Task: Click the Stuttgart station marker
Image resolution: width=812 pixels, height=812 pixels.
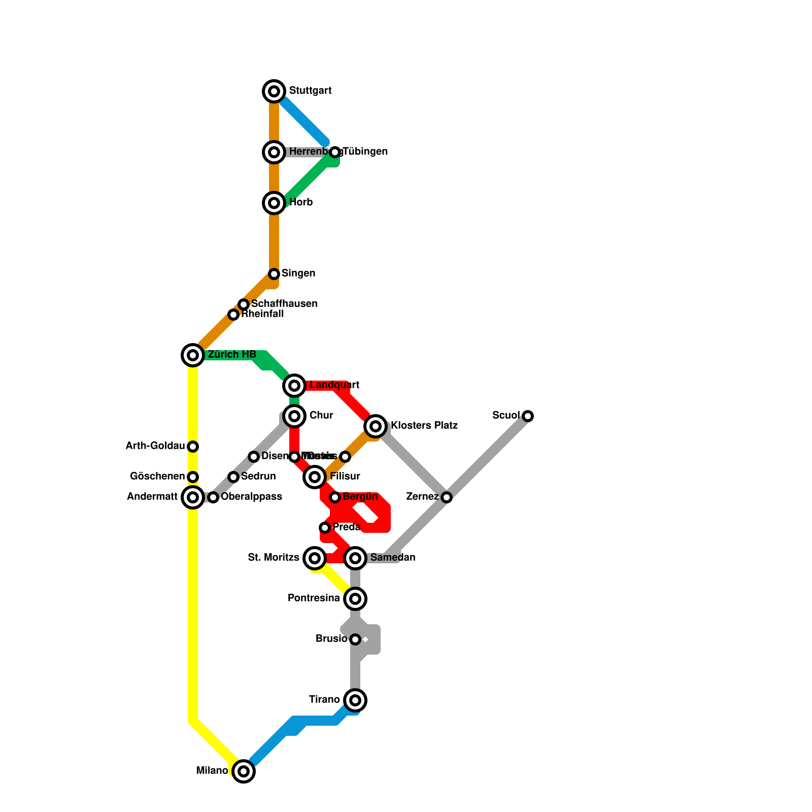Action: pos(274,91)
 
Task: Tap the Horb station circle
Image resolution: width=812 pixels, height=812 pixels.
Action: pos(274,203)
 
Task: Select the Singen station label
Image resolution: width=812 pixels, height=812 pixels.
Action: pos(298,274)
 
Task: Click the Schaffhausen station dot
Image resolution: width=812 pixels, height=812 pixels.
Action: pos(244,304)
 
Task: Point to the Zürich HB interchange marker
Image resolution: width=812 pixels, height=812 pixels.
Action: pos(193,355)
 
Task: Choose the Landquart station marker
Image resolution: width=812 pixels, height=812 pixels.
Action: pos(294,386)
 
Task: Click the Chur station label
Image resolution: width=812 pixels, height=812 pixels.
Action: pos(321,416)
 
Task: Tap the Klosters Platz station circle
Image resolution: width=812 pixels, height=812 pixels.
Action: pos(376,426)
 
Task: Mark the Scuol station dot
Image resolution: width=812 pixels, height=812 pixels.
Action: pos(528,416)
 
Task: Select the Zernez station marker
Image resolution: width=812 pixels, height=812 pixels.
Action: pos(447,497)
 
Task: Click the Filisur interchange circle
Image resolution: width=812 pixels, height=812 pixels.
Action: pos(315,477)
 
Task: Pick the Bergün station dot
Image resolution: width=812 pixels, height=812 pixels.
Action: pos(335,497)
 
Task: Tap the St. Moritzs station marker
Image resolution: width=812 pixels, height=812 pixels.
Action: pos(315,558)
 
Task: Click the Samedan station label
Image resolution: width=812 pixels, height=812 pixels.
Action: pos(393,558)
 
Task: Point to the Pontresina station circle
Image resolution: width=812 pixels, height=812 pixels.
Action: pos(355,599)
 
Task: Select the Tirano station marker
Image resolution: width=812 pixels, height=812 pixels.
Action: pos(355,700)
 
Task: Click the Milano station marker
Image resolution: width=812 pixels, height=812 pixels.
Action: pos(244,771)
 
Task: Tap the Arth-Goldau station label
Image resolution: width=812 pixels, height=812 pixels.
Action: pos(155,446)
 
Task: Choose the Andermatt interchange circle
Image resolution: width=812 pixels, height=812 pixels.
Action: pos(193,497)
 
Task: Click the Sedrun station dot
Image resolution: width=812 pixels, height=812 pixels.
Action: pos(233,477)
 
